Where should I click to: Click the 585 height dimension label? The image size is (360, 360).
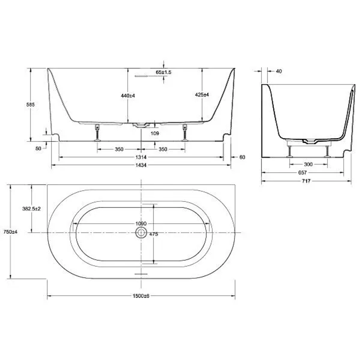pyautogui.click(x=30, y=105)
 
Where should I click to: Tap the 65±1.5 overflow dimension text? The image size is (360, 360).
pyautogui.click(x=163, y=72)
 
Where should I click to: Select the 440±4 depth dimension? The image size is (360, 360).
pyautogui.click(x=128, y=96)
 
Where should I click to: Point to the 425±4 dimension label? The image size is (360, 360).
pyautogui.click(x=202, y=95)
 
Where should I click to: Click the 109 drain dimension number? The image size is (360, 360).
pyautogui.click(x=155, y=133)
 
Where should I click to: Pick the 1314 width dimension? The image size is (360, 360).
pyautogui.click(x=141, y=157)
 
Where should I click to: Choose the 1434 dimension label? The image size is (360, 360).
pyautogui.click(x=141, y=165)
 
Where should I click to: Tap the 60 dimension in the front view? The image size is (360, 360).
pyautogui.click(x=242, y=157)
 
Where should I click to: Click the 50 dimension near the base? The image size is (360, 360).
pyautogui.click(x=38, y=149)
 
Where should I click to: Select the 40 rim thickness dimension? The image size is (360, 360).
pyautogui.click(x=279, y=71)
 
